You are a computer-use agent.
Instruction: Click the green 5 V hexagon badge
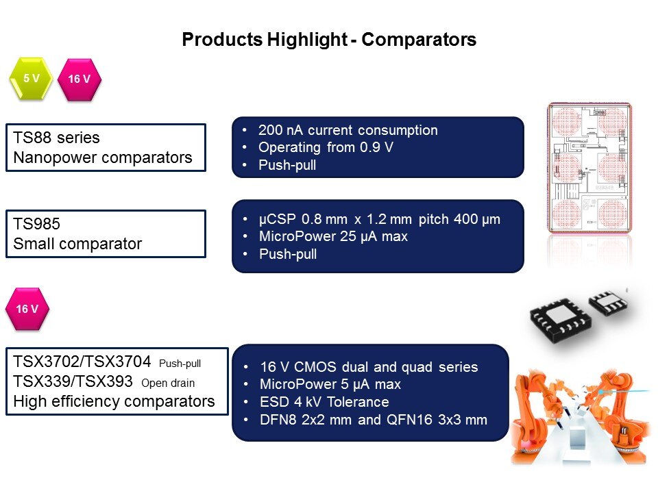[x=31, y=79]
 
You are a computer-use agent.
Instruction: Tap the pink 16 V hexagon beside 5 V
[x=80, y=79]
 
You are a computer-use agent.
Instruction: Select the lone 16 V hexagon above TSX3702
[x=27, y=309]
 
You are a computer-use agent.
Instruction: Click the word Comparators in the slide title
[x=419, y=40]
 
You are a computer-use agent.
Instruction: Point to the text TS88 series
[x=56, y=138]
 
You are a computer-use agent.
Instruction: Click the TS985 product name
[x=36, y=223]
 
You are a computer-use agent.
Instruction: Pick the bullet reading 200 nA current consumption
[x=348, y=130]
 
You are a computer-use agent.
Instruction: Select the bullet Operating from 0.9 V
[x=326, y=147]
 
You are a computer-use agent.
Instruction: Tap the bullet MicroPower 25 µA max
[x=333, y=236]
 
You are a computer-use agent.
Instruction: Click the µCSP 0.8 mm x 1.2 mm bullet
[x=379, y=219]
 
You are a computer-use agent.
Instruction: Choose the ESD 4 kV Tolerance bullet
[x=324, y=402]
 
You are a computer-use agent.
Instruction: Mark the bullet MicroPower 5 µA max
[x=330, y=384]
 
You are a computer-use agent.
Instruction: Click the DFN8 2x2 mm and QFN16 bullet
[x=374, y=420]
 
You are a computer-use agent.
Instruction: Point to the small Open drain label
[x=168, y=383]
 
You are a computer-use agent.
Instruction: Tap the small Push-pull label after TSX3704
[x=180, y=364]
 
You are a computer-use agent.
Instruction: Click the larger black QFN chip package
[x=561, y=320]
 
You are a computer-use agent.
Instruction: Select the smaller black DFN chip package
[x=608, y=302]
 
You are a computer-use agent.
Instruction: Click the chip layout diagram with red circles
[x=589, y=168]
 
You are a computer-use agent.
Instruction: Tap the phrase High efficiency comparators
[x=114, y=402]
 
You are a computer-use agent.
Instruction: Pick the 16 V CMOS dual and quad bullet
[x=369, y=367]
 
